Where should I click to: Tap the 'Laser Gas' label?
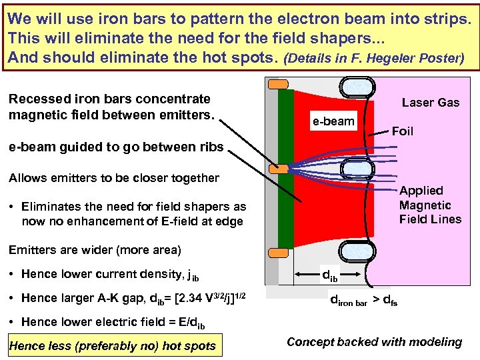[430, 103]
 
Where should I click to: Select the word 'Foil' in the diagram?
[403, 131]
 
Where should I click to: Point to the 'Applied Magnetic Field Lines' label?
[430, 205]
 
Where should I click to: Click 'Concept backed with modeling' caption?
[374, 342]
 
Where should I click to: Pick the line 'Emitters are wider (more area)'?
[94, 250]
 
